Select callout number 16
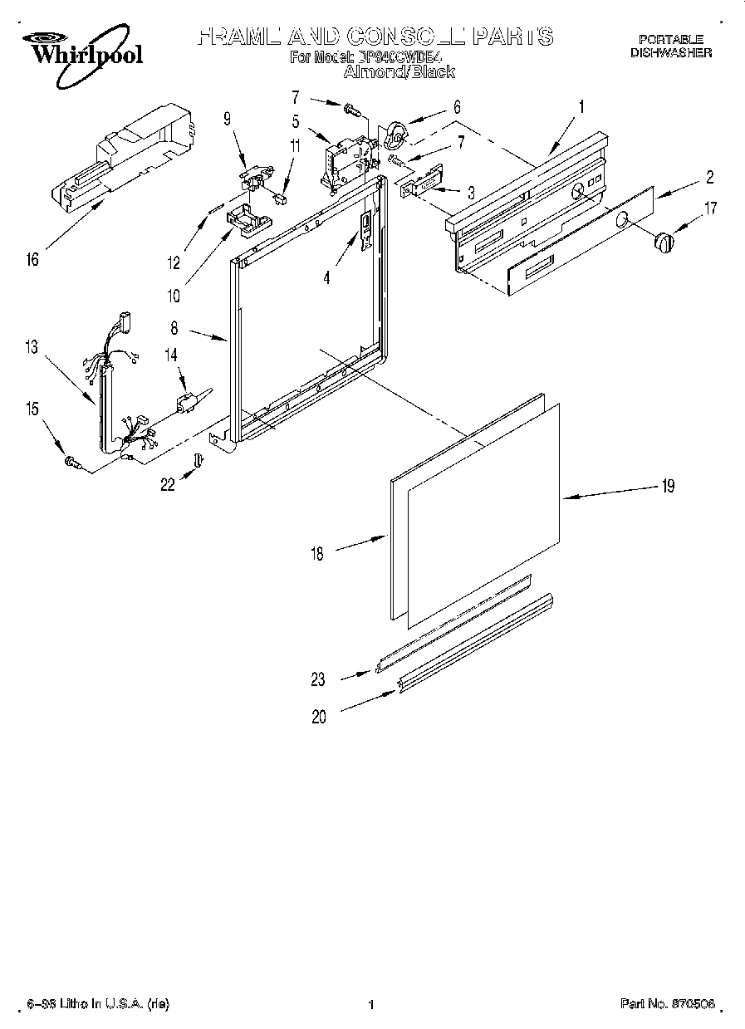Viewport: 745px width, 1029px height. [x=32, y=260]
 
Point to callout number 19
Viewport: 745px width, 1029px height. [x=668, y=486]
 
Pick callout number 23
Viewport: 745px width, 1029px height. [x=319, y=679]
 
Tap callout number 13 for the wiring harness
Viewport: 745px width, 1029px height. [x=32, y=347]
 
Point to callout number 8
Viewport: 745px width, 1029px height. [x=174, y=328]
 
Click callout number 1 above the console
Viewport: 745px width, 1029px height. [x=581, y=107]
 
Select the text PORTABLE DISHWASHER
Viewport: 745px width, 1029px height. [x=670, y=45]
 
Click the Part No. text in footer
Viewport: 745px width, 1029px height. [x=667, y=1004]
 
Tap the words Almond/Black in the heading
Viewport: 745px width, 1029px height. [x=399, y=72]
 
